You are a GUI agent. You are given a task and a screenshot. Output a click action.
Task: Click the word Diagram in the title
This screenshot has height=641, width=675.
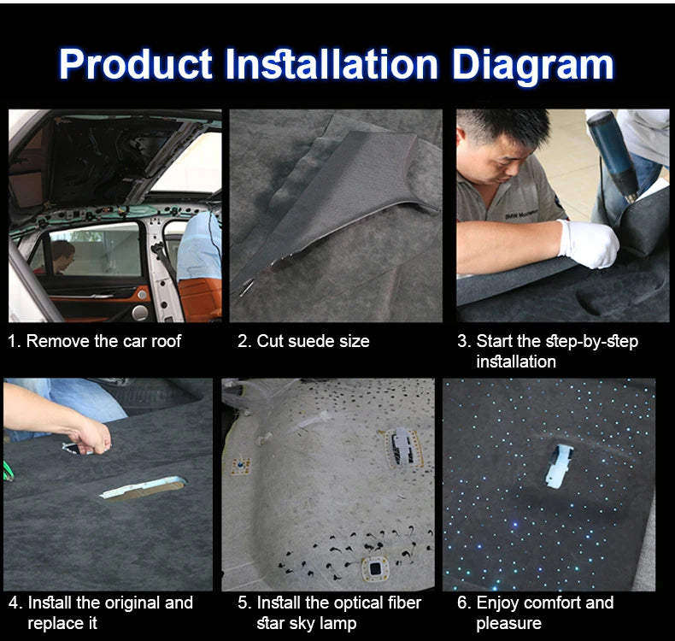532,64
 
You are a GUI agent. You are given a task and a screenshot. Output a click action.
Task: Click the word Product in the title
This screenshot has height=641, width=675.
135,64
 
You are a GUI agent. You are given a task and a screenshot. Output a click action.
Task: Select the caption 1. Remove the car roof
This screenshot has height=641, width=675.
95,341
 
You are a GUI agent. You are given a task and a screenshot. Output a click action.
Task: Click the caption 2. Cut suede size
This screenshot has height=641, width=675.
303,341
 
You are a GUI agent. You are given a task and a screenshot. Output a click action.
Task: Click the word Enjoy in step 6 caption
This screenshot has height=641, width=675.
499,603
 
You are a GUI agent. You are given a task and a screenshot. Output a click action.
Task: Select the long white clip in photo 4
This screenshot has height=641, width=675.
141,488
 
